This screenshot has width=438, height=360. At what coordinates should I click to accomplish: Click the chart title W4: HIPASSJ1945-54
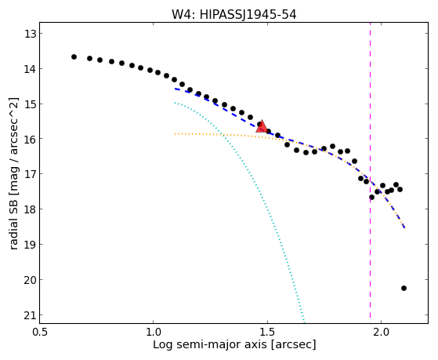pos(233,14)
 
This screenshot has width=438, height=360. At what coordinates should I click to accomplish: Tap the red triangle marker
pos(262,127)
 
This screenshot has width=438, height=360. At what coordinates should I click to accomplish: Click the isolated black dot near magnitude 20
pos(404,288)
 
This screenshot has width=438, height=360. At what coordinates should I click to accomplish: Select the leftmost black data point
pos(74,56)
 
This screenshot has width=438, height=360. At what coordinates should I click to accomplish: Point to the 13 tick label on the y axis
pos(30,34)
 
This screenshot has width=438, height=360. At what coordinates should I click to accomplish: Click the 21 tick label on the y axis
pos(30,315)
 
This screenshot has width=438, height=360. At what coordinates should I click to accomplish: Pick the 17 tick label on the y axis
pos(30,174)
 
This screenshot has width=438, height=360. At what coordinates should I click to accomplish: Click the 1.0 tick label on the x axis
pos(154,332)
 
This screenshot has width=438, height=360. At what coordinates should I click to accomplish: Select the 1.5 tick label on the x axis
pos(267,332)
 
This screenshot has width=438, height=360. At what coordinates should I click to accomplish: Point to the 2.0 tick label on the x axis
pos(382,332)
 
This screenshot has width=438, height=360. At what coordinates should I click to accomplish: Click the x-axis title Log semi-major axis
pos(234,344)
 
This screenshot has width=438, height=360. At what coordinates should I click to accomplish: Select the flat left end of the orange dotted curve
pos(176,134)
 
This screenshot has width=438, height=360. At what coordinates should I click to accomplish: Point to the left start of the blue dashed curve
pos(176,89)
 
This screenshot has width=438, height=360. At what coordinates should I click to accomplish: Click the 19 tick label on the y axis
pos(30,244)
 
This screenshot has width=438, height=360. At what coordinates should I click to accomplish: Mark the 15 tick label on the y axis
pos(30,104)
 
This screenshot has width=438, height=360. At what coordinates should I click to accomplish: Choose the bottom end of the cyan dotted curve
pos(304,321)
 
